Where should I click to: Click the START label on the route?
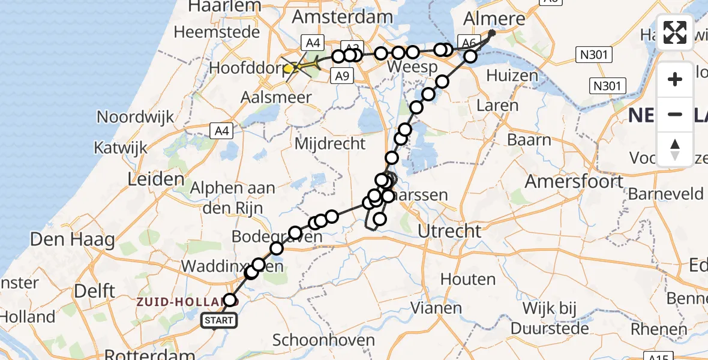219,321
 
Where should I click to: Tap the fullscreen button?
675,32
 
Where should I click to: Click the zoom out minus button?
675,114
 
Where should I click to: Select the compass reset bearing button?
675,148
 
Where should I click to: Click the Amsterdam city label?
342,16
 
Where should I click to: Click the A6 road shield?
468,42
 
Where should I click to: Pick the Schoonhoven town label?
323,340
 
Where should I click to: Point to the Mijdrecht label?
331,143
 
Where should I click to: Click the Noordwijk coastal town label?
136,116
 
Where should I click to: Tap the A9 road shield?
341,76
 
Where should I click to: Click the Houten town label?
468,279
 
